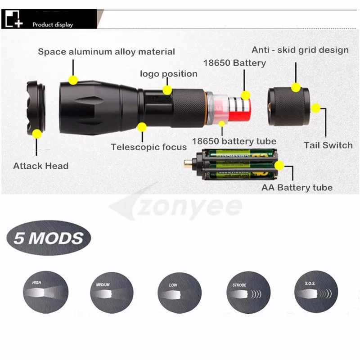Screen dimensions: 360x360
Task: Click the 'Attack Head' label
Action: pos(41,166)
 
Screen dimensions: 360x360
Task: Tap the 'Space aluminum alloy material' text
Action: pos(106,52)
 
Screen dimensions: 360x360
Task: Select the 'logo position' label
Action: pos(168,74)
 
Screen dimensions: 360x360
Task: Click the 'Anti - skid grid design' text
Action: pos(300,50)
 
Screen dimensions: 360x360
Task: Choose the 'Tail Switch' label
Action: pos(328,145)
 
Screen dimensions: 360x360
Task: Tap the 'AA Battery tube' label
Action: pos(297,188)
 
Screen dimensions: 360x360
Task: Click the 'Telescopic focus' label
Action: pos(148,147)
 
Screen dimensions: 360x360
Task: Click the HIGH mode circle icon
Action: pos(45,292)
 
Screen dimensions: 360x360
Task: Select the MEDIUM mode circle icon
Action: pos(112,292)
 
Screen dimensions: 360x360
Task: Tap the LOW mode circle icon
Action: pos(179,292)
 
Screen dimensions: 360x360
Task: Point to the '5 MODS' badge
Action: pos(49,237)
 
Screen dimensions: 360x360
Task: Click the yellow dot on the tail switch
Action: pos(316,108)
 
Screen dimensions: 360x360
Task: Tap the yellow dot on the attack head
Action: pos(37,134)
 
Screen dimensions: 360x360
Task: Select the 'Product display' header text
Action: pos(52,25)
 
